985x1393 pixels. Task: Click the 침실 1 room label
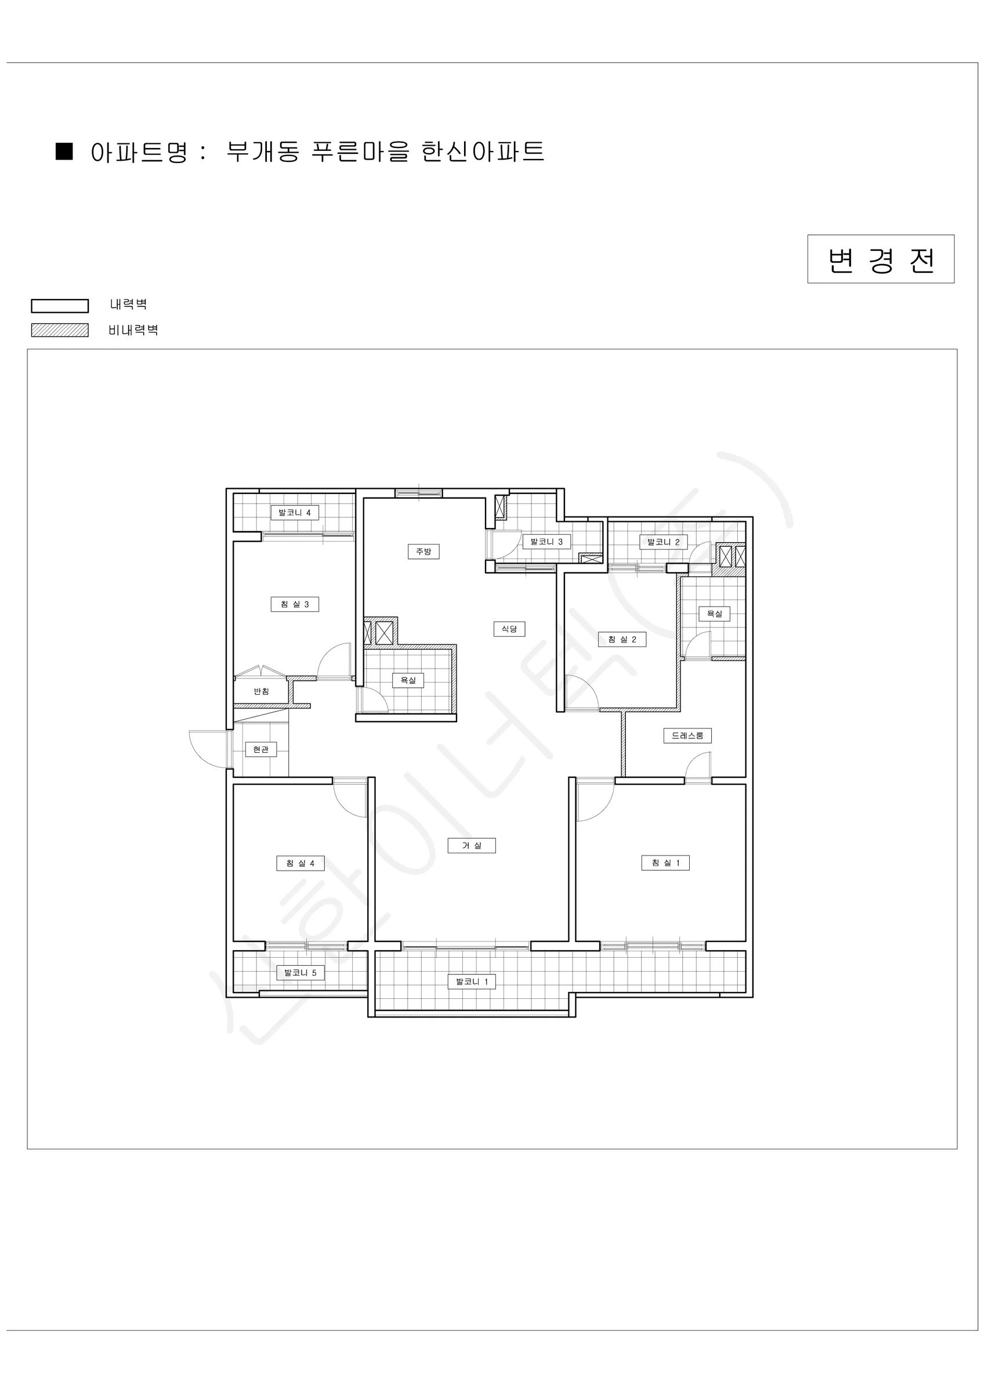pyautogui.click(x=665, y=862)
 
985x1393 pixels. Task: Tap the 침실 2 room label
pyautogui.click(x=622, y=640)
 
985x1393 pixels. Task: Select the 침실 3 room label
pyautogui.click(x=295, y=604)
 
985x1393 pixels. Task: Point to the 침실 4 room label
pyautogui.click(x=300, y=863)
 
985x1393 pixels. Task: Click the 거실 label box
pyautogui.click(x=472, y=846)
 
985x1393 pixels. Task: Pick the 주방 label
pyautogui.click(x=423, y=551)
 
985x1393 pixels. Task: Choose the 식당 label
pyautogui.click(x=509, y=629)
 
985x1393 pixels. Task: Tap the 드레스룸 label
pyautogui.click(x=687, y=736)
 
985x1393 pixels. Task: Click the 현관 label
pyautogui.click(x=261, y=750)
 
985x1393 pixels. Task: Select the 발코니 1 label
pyautogui.click(x=472, y=981)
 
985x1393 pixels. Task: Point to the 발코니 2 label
pyautogui.click(x=664, y=542)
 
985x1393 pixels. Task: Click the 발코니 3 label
pyautogui.click(x=546, y=542)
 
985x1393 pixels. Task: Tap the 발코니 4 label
pyautogui.click(x=295, y=513)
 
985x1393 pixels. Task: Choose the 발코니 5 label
pyautogui.click(x=300, y=973)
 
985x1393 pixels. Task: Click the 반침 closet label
pyautogui.click(x=262, y=692)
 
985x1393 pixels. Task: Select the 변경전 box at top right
pyautogui.click(x=881, y=259)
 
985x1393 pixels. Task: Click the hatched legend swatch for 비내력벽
pyautogui.click(x=60, y=330)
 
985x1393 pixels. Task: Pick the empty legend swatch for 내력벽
pyautogui.click(x=60, y=306)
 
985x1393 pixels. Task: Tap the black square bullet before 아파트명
pyautogui.click(x=64, y=151)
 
